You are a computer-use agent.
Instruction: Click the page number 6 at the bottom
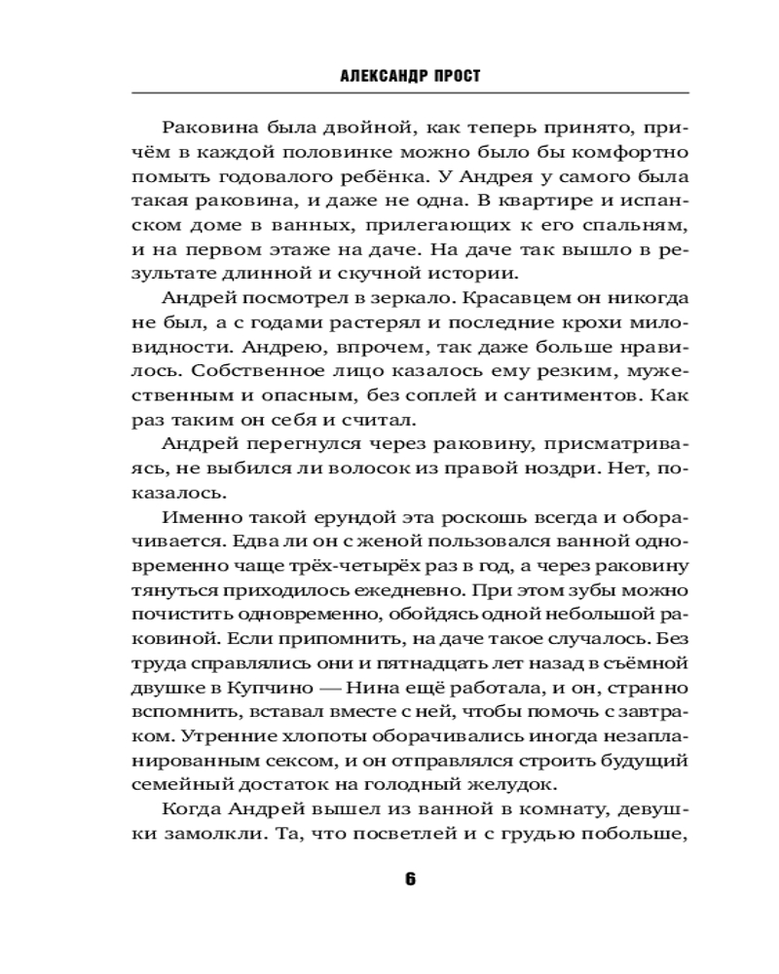tap(410, 878)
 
